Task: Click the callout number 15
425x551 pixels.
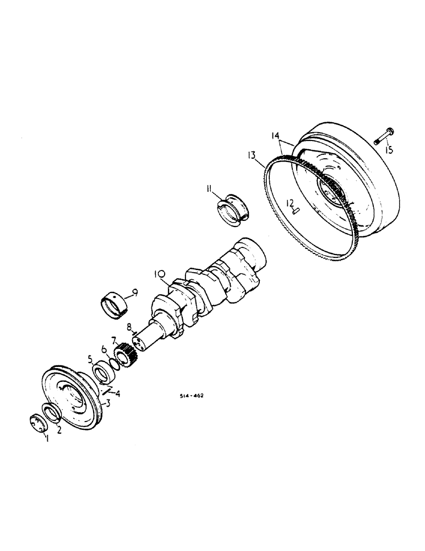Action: (389, 150)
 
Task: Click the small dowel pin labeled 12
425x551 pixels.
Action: (296, 209)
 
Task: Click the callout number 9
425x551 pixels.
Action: (134, 293)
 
